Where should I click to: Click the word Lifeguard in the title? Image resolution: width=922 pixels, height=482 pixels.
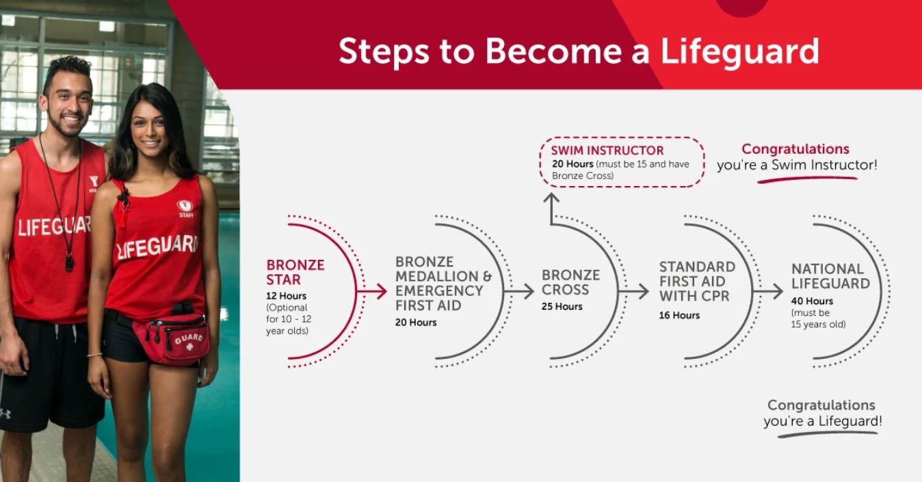tap(739, 52)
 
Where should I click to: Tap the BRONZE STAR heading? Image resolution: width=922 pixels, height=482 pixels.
tap(295, 272)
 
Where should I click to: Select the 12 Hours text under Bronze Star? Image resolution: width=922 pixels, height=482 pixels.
tap(286, 296)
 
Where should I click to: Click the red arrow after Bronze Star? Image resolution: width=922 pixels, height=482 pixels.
tap(371, 291)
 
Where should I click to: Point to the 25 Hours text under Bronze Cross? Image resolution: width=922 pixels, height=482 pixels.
tap(562, 306)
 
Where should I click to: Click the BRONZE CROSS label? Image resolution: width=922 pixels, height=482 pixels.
tap(570, 282)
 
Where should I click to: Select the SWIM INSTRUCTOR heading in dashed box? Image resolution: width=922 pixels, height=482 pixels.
tap(607, 150)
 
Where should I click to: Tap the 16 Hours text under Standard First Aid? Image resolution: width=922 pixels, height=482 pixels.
tap(679, 315)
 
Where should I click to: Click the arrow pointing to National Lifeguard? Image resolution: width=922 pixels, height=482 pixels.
tap(768, 291)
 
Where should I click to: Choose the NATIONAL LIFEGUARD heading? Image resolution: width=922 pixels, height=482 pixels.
tap(830, 276)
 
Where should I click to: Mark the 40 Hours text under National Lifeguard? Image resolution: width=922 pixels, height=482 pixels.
tap(812, 301)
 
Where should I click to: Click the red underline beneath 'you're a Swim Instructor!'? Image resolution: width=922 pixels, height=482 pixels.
tap(807, 179)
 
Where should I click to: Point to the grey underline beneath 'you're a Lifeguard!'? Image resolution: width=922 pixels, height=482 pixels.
tap(828, 434)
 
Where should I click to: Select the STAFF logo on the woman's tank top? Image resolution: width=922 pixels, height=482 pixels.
tap(185, 209)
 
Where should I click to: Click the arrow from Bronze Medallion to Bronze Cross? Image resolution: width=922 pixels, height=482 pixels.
tap(518, 291)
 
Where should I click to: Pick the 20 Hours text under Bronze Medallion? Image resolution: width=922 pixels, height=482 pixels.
tap(416, 323)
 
